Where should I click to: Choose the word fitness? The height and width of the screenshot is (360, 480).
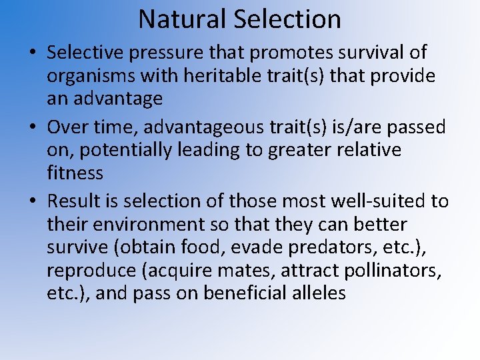pyautogui.click(x=75, y=173)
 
